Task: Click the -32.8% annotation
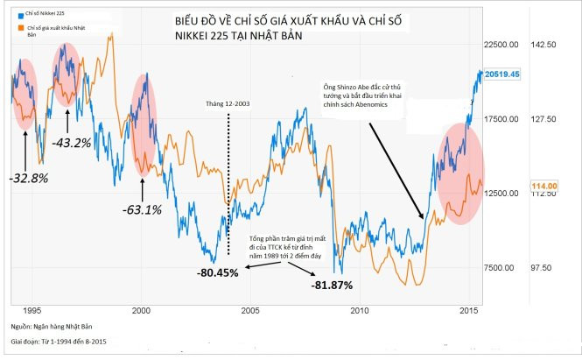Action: coord(30,176)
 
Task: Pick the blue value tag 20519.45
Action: coord(504,74)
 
